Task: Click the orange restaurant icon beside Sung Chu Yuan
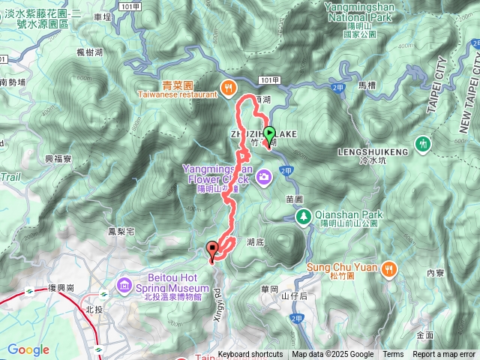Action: coord(388,268)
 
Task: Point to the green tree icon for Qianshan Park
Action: coord(304,217)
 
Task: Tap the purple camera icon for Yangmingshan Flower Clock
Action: coord(263,177)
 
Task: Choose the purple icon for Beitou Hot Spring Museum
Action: coord(124,285)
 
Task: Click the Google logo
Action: coord(28,349)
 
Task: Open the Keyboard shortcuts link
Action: coord(250,355)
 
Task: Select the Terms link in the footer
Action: coord(393,355)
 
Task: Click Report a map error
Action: coord(445,355)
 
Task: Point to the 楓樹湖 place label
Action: coord(89,72)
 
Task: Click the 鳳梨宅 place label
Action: coord(120,232)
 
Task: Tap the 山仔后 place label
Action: coord(295,296)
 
